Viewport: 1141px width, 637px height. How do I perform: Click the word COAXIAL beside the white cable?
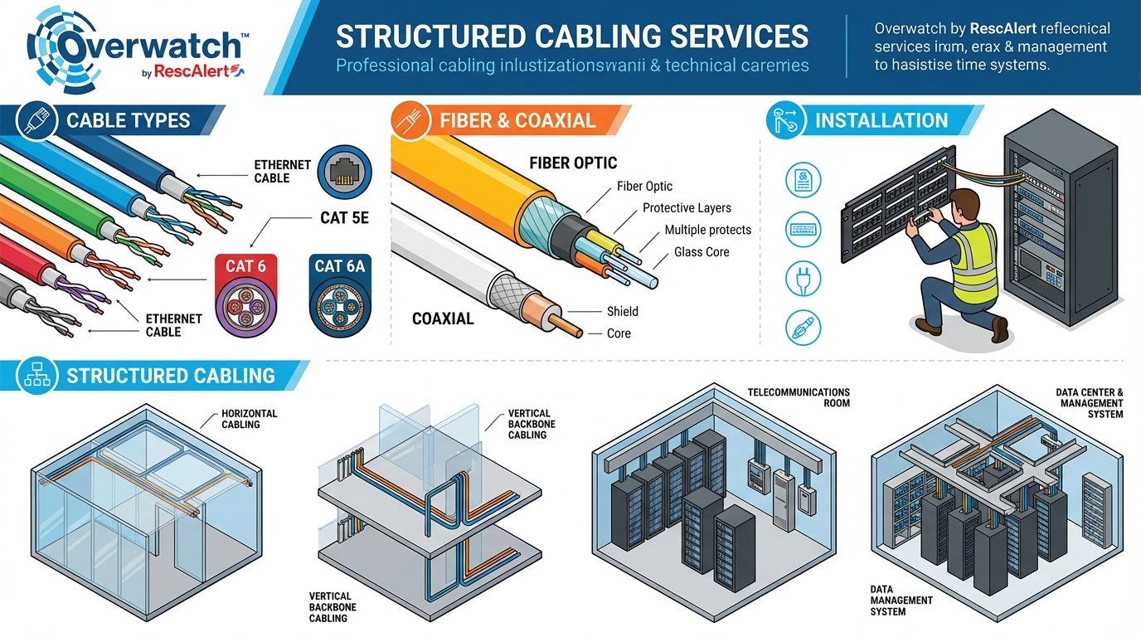point(443,318)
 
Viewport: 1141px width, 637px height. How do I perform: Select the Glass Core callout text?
point(702,252)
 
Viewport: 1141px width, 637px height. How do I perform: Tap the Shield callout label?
point(622,311)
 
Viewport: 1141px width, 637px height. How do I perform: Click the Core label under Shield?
point(619,333)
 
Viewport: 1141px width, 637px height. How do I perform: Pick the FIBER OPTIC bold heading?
point(573,163)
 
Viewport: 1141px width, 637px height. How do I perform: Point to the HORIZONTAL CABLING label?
point(249,419)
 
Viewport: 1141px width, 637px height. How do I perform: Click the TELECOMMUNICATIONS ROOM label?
point(799,397)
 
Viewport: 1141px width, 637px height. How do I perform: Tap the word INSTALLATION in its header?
point(881,120)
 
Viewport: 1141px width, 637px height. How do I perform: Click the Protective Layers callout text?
point(687,208)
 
